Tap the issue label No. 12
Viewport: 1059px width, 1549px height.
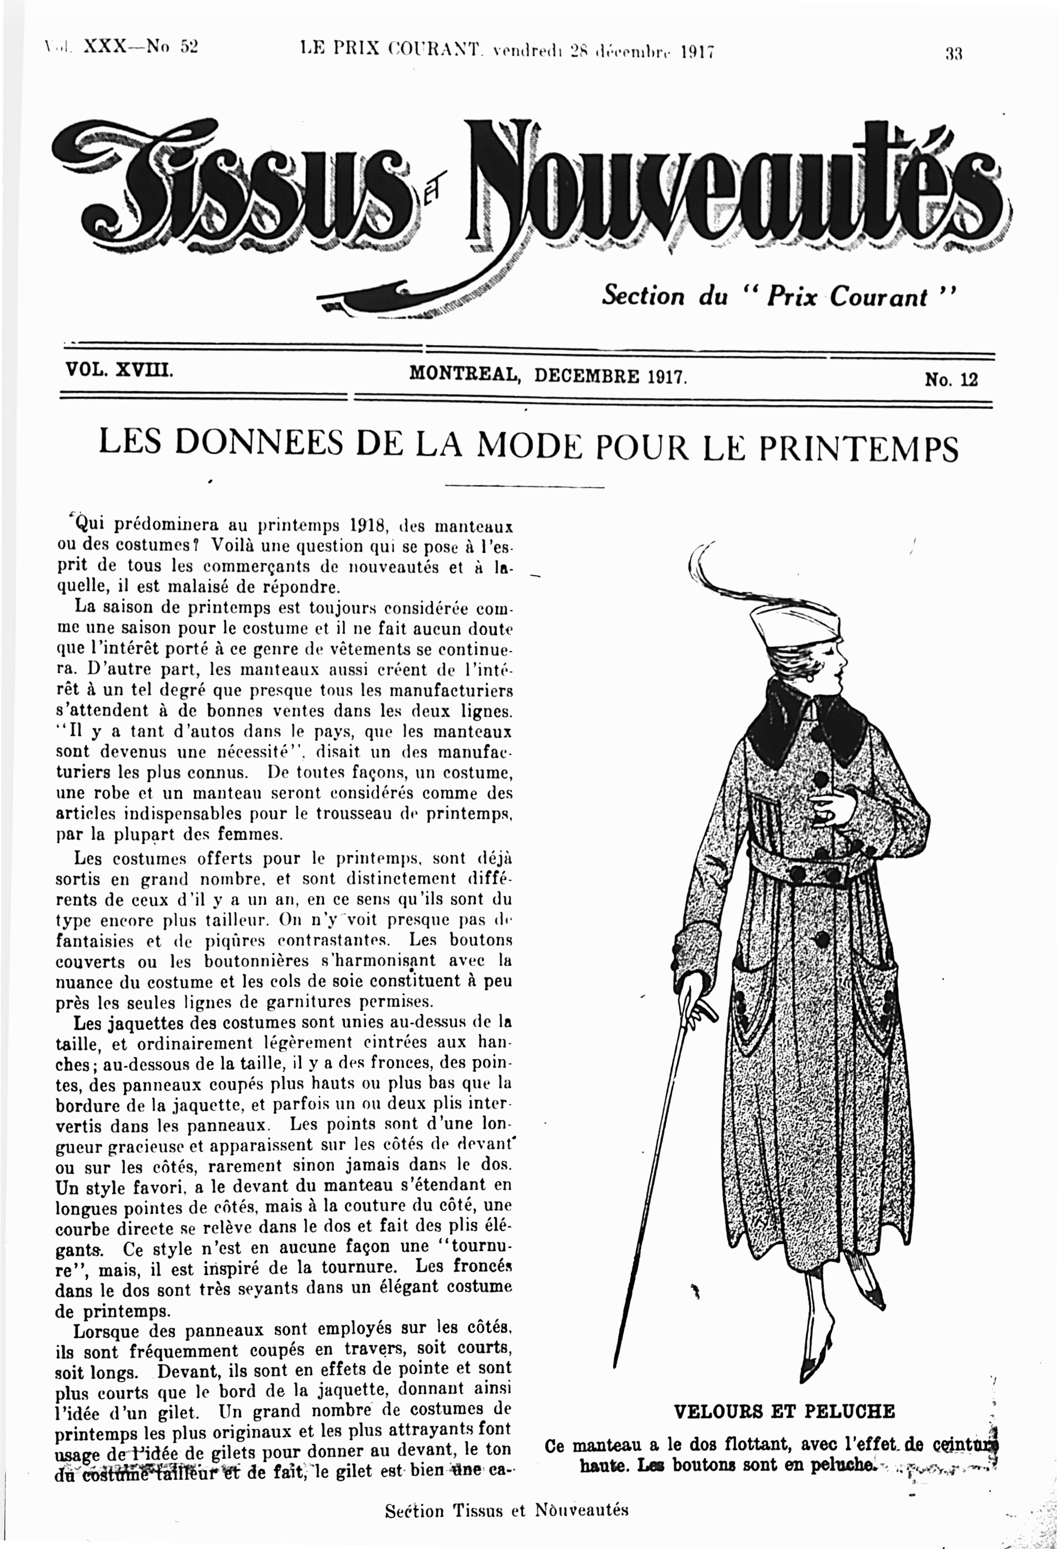(950, 379)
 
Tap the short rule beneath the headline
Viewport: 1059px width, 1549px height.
(523, 487)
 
